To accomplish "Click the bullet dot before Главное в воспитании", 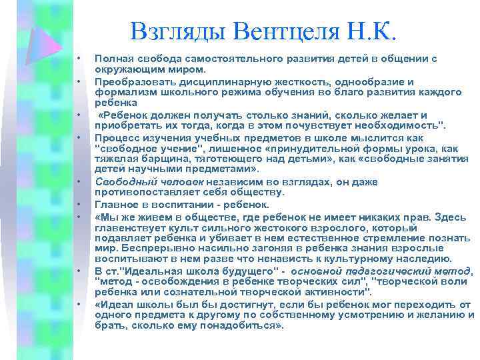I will [x=79, y=204].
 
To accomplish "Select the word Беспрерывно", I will [x=141, y=248].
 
